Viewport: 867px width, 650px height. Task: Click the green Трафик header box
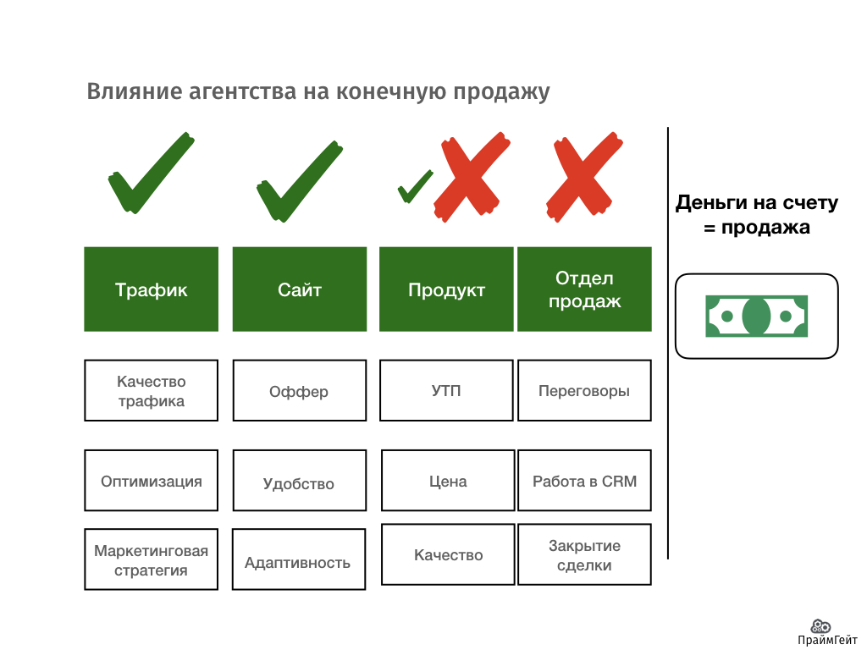point(151,289)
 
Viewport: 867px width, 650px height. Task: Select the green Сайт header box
point(299,289)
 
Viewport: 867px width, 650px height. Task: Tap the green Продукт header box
point(446,289)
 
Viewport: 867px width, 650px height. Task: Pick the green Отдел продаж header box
point(584,289)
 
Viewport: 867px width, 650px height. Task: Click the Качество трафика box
point(151,390)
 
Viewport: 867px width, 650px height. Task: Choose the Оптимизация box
point(151,481)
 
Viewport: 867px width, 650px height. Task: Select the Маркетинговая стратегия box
point(151,559)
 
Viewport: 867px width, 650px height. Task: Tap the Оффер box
point(299,390)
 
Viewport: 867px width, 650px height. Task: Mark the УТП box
point(446,390)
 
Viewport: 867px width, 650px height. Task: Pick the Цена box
point(448,481)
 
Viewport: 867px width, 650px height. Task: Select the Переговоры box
point(584,390)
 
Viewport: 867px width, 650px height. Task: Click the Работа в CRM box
point(584,481)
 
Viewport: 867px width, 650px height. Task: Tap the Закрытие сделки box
point(584,554)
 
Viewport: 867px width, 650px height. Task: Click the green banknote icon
point(756,316)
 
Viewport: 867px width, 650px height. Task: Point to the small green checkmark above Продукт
point(414,186)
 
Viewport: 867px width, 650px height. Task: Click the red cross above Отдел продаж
point(580,175)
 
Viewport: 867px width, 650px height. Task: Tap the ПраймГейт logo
point(820,632)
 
